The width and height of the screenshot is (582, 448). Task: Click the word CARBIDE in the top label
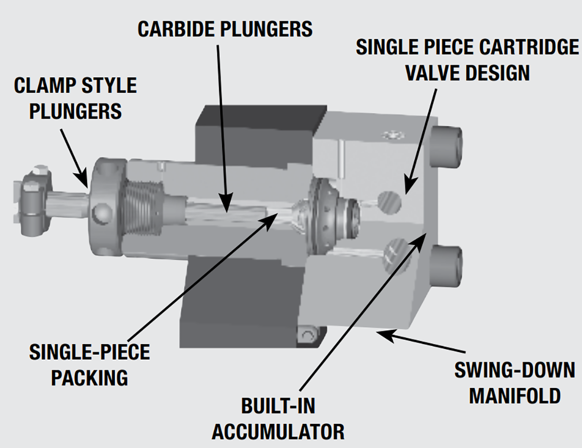(x=176, y=30)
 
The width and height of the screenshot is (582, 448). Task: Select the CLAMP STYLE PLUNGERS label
(x=75, y=99)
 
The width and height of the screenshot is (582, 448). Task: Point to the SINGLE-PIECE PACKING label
(x=90, y=365)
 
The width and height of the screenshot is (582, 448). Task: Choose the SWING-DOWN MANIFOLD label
(x=515, y=383)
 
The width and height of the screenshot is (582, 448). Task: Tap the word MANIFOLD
(x=515, y=396)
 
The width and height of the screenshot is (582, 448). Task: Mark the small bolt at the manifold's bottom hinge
(x=307, y=335)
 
